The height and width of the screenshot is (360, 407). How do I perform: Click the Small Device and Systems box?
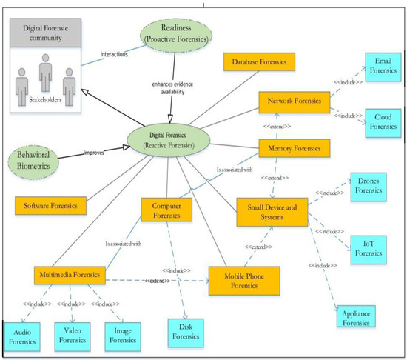coord(273,212)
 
